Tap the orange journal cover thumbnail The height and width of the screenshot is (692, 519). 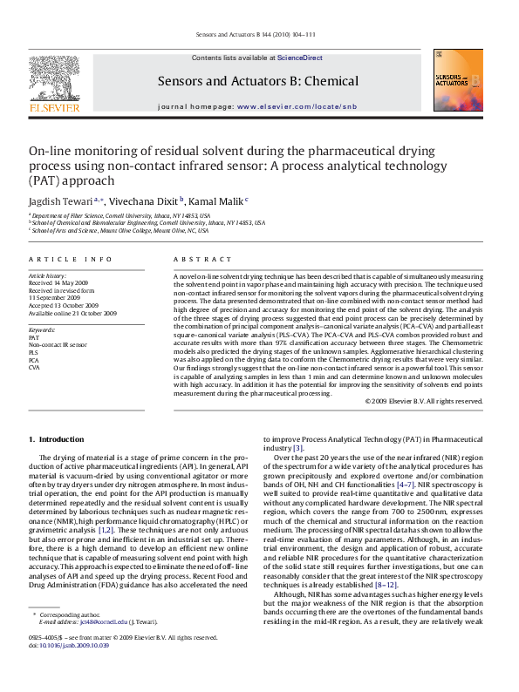pyautogui.click(x=457, y=80)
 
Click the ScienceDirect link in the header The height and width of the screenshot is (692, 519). pyautogui.click(x=299, y=58)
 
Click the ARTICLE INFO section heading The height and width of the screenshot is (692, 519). pyautogui.click(x=71, y=260)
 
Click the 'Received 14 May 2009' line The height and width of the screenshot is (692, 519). pyautogui.click(x=58, y=282)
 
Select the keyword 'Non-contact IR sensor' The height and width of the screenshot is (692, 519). pyautogui.click(x=58, y=345)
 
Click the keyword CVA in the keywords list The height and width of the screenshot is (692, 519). pyautogui.click(x=34, y=368)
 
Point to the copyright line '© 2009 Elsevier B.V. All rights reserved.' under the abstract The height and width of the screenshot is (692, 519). pyautogui.click(x=424, y=401)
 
